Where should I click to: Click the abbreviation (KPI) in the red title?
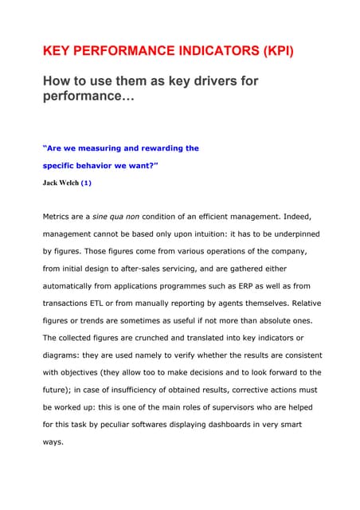tap(270, 52)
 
